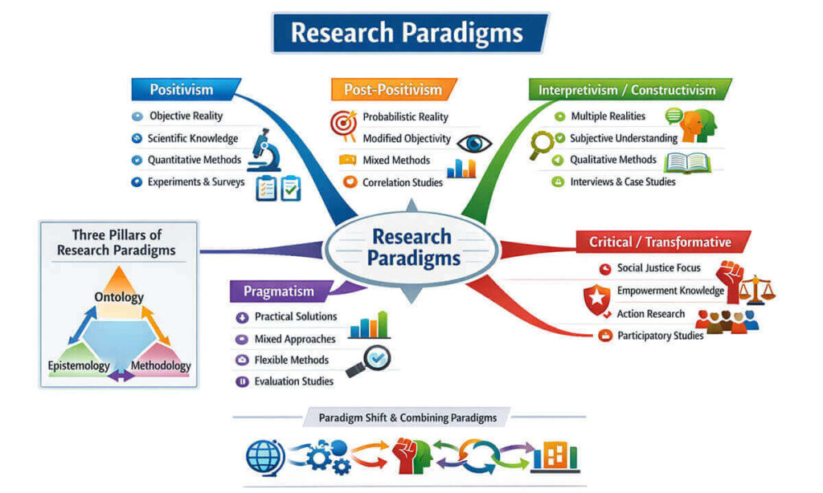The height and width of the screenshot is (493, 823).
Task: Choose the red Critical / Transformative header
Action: [x=660, y=242]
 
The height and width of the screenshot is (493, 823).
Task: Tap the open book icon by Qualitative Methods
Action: [x=689, y=162]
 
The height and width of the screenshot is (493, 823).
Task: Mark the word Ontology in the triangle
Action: [x=119, y=297]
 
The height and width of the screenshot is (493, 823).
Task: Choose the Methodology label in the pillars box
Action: [x=161, y=366]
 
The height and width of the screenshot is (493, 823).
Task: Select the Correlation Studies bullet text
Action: [x=403, y=182]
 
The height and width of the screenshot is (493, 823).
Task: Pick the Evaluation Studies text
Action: [x=294, y=381]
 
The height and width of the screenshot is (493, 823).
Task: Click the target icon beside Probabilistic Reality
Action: [x=343, y=121]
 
